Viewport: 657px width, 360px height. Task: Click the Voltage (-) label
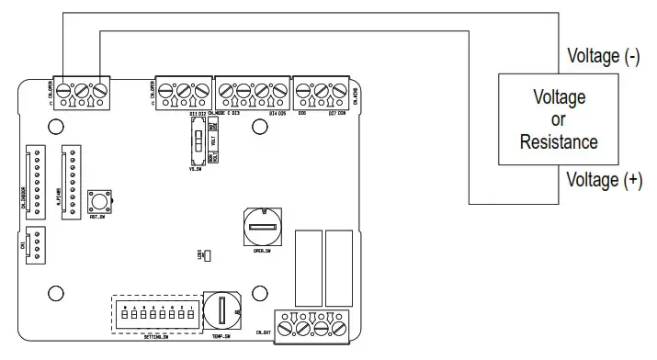point(604,56)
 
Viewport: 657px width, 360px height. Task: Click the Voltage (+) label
point(604,181)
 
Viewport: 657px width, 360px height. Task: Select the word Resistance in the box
point(559,142)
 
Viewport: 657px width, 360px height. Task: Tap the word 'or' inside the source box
point(559,120)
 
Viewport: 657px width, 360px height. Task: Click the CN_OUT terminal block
point(314,326)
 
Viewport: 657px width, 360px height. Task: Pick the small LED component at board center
point(207,255)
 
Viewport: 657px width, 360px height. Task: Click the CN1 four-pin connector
point(37,243)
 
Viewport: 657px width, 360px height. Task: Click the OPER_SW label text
point(260,251)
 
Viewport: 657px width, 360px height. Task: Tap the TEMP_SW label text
point(220,337)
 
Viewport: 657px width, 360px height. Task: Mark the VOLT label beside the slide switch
point(213,142)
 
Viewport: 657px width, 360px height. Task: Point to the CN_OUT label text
point(265,330)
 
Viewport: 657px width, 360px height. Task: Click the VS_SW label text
point(195,170)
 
